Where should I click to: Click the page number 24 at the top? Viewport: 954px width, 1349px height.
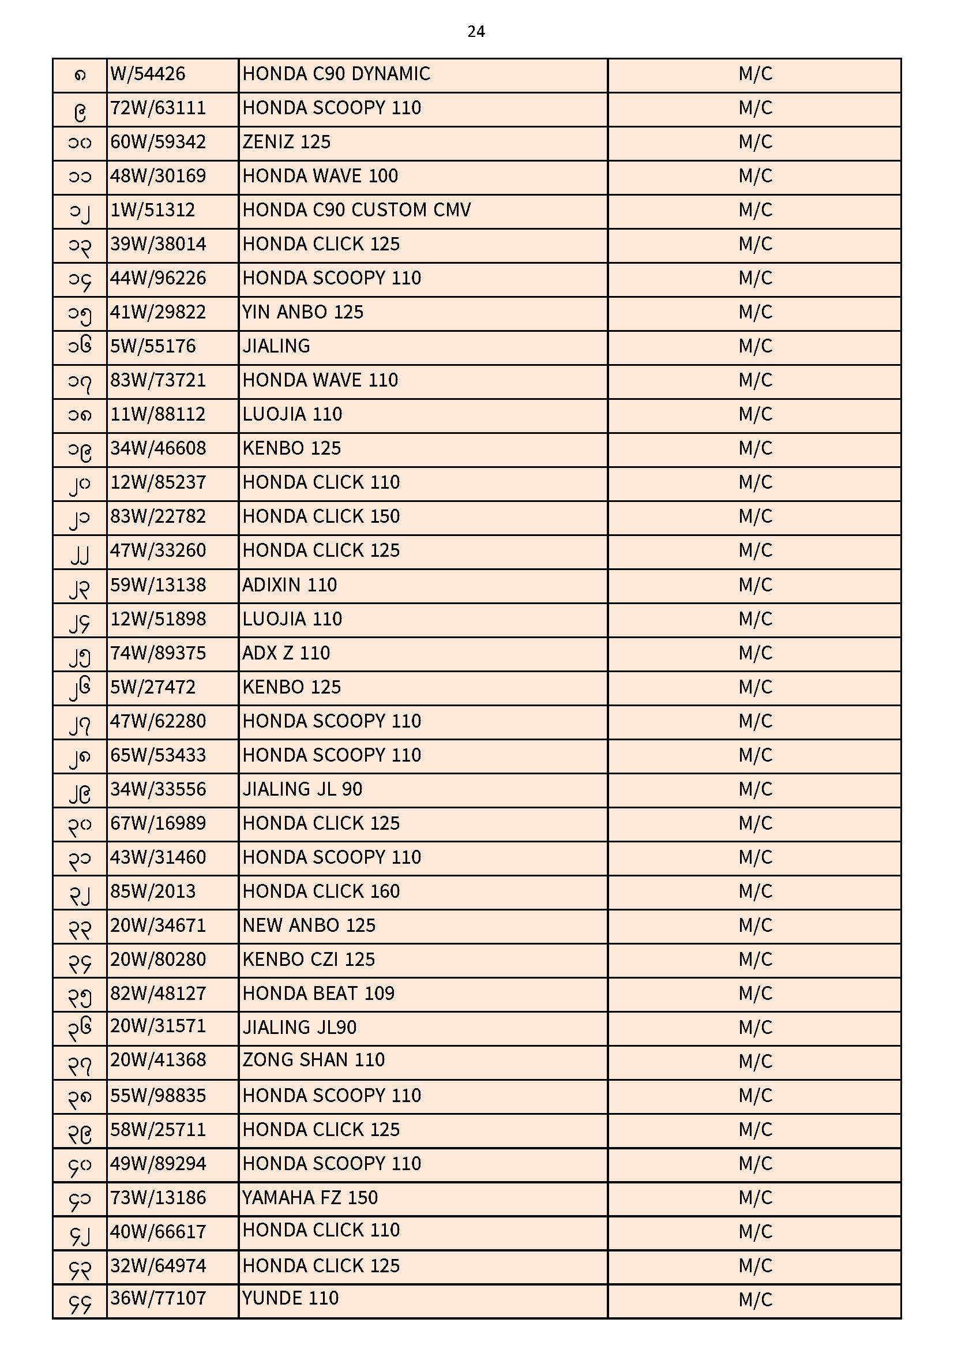(x=476, y=32)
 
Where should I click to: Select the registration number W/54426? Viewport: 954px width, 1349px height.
(x=148, y=74)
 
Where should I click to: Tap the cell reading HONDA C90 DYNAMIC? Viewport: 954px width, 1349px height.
(x=336, y=74)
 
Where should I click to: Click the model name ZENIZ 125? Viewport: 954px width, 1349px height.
(x=287, y=142)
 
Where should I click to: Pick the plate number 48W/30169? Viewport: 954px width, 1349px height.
(x=158, y=176)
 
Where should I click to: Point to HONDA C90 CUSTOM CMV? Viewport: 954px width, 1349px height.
(x=356, y=211)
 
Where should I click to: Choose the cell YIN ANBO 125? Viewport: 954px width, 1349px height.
(x=303, y=312)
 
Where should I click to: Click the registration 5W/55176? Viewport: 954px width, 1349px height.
(x=153, y=346)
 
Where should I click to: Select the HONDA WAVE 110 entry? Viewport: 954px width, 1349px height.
(x=320, y=380)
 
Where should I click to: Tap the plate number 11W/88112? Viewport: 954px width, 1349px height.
(x=158, y=414)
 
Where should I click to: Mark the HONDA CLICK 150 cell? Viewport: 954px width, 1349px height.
(x=321, y=516)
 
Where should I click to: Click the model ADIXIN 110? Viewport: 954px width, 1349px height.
(x=290, y=585)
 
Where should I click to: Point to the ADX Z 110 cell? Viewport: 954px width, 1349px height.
(x=286, y=653)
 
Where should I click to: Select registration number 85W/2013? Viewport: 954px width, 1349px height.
(x=153, y=891)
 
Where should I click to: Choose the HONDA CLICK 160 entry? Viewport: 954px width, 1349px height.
(x=321, y=891)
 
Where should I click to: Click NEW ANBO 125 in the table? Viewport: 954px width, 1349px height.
(x=309, y=925)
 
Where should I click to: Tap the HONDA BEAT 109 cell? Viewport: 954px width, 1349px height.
(x=318, y=994)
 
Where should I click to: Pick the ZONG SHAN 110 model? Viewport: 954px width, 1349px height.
(x=314, y=1060)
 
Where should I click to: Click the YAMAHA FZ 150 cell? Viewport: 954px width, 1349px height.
(x=310, y=1197)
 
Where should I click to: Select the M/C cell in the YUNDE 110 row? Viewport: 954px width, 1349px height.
(x=755, y=1299)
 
